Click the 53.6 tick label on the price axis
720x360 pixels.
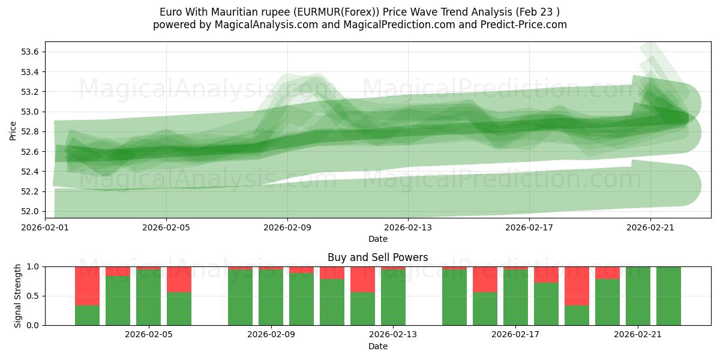pos(31,52)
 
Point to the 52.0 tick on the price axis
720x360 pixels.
pos(31,211)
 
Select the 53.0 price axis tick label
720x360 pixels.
pos(31,112)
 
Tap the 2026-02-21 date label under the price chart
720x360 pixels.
pos(650,227)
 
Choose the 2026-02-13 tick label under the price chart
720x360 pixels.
pos(408,227)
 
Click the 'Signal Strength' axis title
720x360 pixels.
pos(17,296)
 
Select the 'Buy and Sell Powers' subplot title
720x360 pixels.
pos(377,257)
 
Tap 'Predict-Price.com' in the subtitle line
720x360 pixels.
pos(521,25)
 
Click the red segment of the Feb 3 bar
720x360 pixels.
pos(88,286)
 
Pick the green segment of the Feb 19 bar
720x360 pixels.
pos(577,315)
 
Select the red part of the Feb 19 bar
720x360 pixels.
pos(577,286)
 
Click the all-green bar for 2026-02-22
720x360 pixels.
pos(668,296)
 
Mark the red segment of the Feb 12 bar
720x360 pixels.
pos(362,279)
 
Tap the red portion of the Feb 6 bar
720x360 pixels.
pos(179,279)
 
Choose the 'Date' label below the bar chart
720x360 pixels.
pos(377,346)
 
